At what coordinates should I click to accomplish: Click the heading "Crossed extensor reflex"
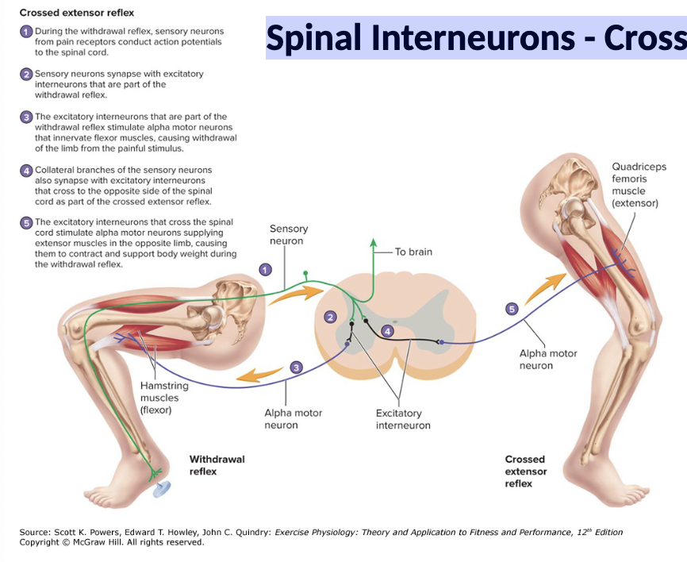coord(77,13)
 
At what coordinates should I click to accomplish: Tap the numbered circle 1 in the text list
coord(26,32)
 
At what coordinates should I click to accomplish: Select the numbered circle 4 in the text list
coord(26,171)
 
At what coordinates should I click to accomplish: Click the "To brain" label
coord(413,252)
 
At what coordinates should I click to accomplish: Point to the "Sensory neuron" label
coord(289,235)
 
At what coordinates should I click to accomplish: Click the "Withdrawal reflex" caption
coord(217,465)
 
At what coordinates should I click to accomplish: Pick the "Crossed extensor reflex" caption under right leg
coord(525,472)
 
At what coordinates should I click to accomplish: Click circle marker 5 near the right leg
coord(512,309)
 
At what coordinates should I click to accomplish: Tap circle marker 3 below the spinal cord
coord(296,368)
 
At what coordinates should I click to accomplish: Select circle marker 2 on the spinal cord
coord(331,317)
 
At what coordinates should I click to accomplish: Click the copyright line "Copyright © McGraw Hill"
coord(112,543)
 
